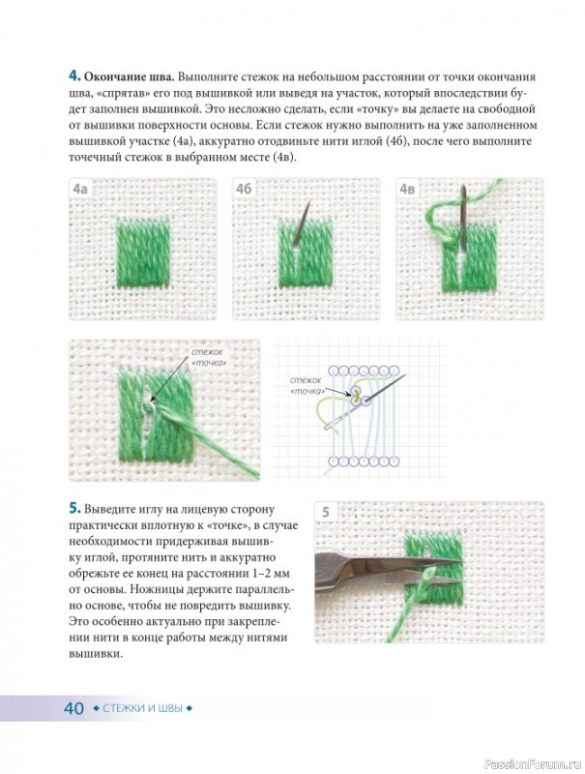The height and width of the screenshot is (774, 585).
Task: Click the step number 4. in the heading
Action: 74,76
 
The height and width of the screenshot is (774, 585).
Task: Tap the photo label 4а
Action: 80,189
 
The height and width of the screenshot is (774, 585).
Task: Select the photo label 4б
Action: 244,189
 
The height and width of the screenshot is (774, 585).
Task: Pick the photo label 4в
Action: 407,189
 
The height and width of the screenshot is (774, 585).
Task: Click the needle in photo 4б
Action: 302,223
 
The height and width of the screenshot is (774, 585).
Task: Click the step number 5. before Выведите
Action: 74,509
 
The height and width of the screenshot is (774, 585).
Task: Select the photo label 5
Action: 326,512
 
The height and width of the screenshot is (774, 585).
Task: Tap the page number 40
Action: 74,708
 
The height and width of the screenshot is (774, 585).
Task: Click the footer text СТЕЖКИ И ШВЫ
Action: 142,708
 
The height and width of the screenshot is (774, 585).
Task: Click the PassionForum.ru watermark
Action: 534,762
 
